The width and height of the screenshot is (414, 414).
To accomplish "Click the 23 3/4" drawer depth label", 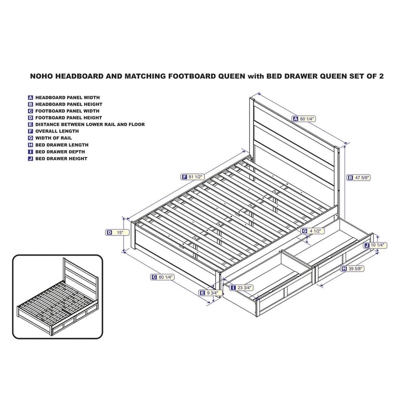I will (x=243, y=287).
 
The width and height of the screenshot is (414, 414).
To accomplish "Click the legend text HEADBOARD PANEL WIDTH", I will (x=67, y=97).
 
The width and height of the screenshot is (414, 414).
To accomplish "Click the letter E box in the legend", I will (x=31, y=125).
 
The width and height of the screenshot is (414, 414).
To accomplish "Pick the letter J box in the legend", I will (x=31, y=158).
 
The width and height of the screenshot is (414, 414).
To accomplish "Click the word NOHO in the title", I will (x=43, y=76).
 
